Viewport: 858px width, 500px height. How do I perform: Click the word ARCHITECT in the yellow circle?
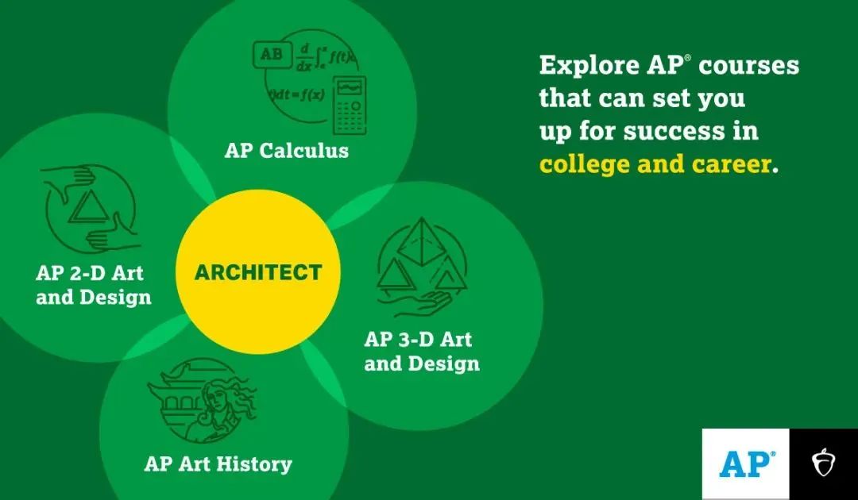coord(257,272)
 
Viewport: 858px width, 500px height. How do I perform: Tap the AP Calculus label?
coord(286,150)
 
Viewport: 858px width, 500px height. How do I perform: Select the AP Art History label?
coord(218,464)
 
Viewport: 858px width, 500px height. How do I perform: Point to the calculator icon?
coord(350,106)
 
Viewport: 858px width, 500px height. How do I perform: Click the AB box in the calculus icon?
coord(272,55)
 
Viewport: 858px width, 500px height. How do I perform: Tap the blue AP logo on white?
coord(746,464)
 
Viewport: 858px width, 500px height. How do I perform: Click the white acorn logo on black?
coord(823,462)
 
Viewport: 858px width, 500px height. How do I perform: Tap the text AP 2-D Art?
coord(90,273)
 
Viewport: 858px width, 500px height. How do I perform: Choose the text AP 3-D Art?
coord(418,339)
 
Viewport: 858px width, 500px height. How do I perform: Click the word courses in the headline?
coord(748,66)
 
